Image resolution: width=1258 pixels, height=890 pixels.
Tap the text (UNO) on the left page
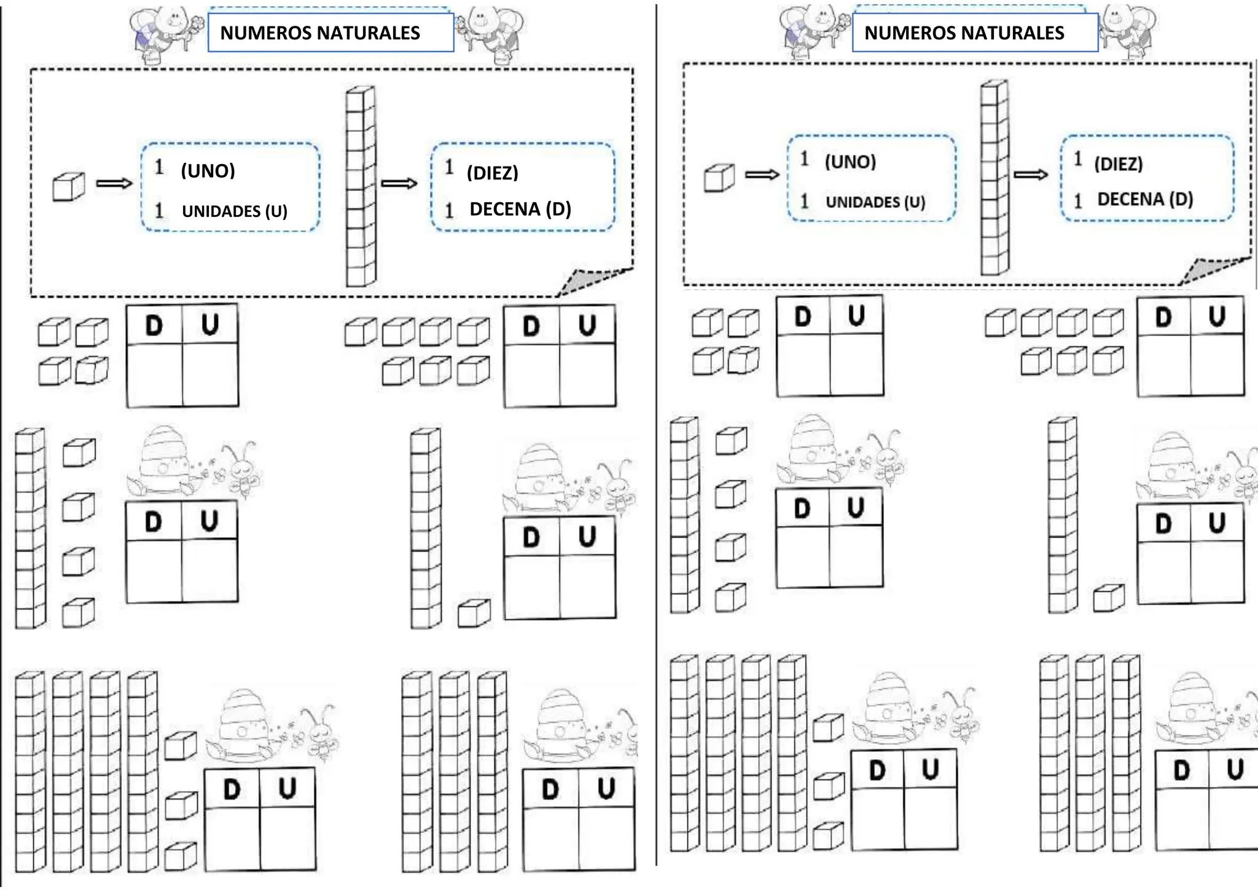208,171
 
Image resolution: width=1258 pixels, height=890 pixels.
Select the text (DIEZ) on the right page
1119,164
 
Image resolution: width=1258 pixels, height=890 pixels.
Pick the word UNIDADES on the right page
862,202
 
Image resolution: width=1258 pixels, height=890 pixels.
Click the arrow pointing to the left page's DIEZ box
399,183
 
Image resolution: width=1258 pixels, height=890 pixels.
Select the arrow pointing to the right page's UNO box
762,175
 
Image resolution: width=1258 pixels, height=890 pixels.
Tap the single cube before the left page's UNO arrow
68,187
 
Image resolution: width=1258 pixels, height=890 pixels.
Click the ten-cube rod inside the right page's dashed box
994,177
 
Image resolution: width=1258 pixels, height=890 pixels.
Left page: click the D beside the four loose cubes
154,326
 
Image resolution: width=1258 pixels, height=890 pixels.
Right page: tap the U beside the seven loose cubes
1217,317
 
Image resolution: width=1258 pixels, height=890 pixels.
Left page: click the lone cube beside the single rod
474,613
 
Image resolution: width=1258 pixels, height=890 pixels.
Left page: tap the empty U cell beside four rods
287,840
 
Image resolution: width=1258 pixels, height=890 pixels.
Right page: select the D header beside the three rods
1182,770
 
